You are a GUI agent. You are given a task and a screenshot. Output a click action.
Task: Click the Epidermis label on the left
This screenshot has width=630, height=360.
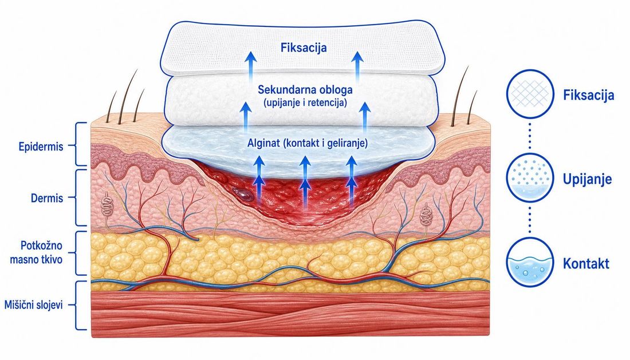pos(41,147)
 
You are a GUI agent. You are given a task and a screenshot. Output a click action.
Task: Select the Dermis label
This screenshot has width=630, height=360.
pos(47,198)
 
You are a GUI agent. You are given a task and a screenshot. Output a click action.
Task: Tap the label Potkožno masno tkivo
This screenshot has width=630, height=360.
pos(36,252)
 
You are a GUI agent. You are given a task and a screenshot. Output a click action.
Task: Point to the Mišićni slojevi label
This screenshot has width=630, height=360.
pos(33,305)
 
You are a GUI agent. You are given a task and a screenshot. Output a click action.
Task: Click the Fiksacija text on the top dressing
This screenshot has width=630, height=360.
pos(304,48)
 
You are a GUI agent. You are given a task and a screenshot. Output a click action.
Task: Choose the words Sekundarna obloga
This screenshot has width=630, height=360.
pos(305,89)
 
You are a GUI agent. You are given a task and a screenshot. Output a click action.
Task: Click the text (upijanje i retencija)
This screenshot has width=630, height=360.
pos(305,103)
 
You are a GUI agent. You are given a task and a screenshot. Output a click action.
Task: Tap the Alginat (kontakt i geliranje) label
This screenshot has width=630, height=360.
pos(308,143)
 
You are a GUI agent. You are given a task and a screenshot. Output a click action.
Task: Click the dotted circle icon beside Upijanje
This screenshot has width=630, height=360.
pos(530,177)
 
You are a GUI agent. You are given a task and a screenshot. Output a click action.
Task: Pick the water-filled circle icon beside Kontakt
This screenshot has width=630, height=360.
pos(530,262)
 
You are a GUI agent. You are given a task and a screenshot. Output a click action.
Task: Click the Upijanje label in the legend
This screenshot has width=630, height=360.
pos(587,179)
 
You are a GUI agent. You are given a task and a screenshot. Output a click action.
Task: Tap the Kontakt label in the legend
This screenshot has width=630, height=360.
pos(586,264)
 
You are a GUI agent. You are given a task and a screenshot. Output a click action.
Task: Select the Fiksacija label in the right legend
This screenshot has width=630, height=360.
pos(588,95)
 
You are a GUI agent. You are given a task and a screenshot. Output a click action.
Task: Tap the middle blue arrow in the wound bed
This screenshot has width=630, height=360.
pos(305,182)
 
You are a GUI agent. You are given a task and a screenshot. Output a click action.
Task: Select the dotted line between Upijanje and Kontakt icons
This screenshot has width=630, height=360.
pos(530,220)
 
